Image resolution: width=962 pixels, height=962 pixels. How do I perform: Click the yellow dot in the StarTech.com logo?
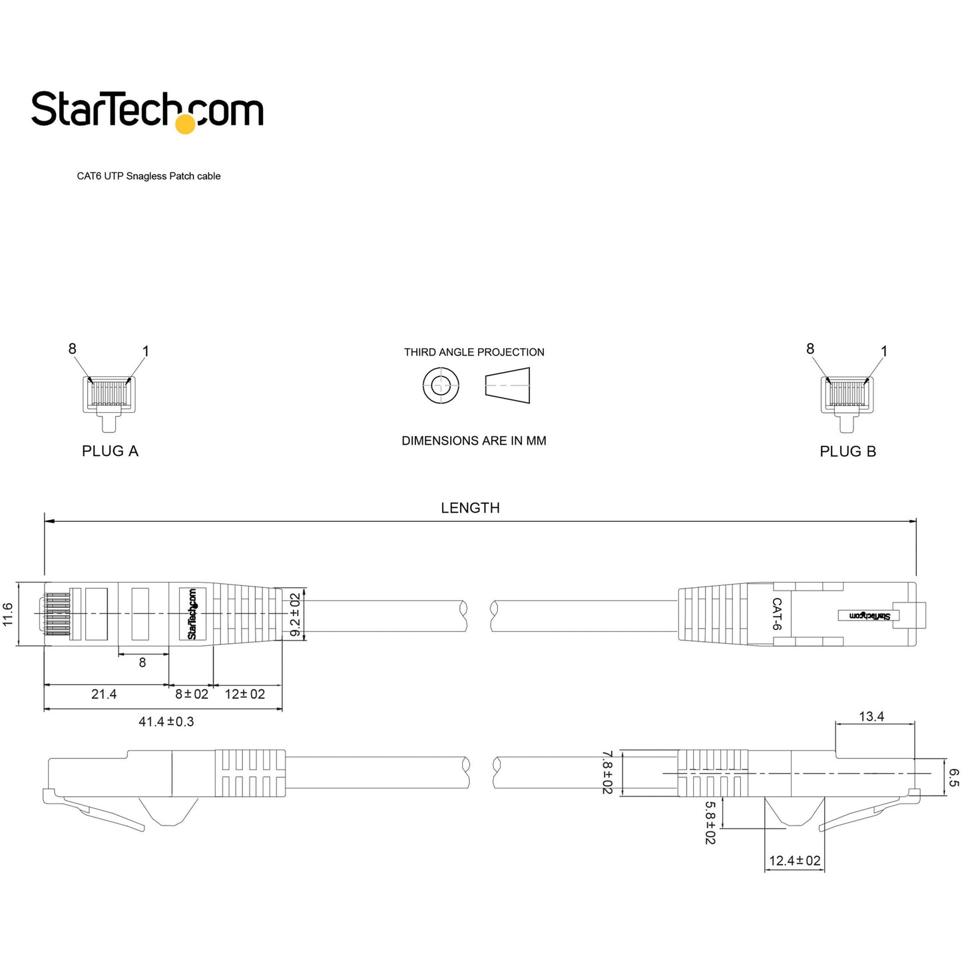pyautogui.click(x=185, y=124)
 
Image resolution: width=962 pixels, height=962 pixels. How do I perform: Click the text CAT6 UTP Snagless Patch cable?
pyautogui.click(x=148, y=176)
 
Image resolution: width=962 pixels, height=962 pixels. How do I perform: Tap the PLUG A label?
pyautogui.click(x=110, y=451)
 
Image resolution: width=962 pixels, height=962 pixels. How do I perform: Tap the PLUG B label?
pyautogui.click(x=847, y=451)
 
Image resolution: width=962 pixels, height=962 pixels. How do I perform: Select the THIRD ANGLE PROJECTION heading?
pyautogui.click(x=474, y=352)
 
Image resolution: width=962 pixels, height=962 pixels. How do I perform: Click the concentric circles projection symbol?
pyautogui.click(x=441, y=385)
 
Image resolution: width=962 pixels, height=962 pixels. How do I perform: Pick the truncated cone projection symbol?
pyautogui.click(x=507, y=385)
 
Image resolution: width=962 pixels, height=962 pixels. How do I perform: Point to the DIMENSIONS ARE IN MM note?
pyautogui.click(x=473, y=441)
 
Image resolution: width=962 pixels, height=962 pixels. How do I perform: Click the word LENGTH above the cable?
pyautogui.click(x=470, y=508)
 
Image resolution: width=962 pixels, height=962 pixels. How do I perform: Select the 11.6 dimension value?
pyautogui.click(x=8, y=614)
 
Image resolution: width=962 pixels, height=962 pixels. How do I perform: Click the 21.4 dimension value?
pyautogui.click(x=104, y=694)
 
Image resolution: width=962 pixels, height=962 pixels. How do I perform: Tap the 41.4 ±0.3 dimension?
pyautogui.click(x=166, y=722)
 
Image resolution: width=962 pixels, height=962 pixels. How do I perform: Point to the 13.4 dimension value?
pyautogui.click(x=871, y=716)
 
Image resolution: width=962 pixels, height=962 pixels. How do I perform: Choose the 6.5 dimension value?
pyautogui.click(x=953, y=778)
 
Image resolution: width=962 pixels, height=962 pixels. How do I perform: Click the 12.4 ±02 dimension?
pyautogui.click(x=794, y=861)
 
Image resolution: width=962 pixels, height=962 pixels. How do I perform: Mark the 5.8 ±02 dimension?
pyautogui.click(x=710, y=822)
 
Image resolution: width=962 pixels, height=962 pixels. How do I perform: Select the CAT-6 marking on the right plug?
pyautogui.click(x=776, y=614)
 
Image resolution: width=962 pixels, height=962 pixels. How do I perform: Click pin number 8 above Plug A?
pyautogui.click(x=72, y=349)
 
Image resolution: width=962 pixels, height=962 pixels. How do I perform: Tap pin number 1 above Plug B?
pyautogui.click(x=884, y=351)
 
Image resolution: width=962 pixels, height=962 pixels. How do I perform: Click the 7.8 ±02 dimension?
pyautogui.click(x=606, y=772)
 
